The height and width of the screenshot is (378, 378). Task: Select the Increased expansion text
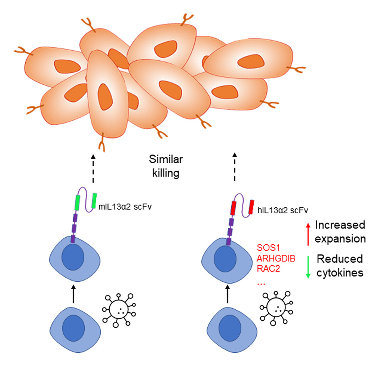(x=340, y=232)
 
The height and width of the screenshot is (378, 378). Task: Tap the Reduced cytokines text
(x=340, y=266)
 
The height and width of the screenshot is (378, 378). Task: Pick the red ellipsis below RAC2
(x=261, y=282)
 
